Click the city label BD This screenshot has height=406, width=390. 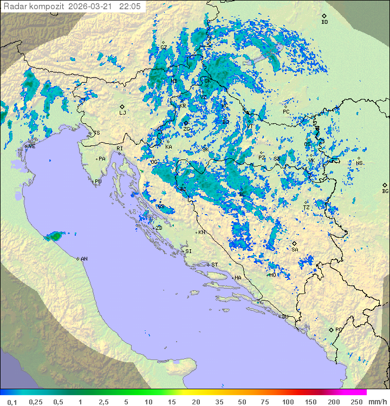click(324, 22)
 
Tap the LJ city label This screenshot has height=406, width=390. click(122, 113)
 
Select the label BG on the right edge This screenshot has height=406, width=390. click(385, 191)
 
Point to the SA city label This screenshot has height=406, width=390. click(295, 250)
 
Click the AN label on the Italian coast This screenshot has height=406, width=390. click(84, 259)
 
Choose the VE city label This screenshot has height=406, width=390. click(32, 147)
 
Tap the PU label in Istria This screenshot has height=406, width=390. click(98, 182)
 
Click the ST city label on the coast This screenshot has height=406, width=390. click(214, 264)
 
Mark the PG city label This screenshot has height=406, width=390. click(339, 329)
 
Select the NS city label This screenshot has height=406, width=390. click(360, 163)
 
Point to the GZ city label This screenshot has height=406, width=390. click(164, 47)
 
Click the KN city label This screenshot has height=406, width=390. click(201, 232)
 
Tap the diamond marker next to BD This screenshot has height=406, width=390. click(324, 16)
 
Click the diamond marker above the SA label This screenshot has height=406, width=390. click(294, 244)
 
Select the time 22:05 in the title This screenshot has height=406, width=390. click(130, 6)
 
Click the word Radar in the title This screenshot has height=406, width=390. click(15, 6)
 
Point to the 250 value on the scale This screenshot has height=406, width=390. click(356, 402)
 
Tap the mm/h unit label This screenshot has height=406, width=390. click(376, 402)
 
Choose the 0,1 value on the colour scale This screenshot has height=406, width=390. click(12, 402)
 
